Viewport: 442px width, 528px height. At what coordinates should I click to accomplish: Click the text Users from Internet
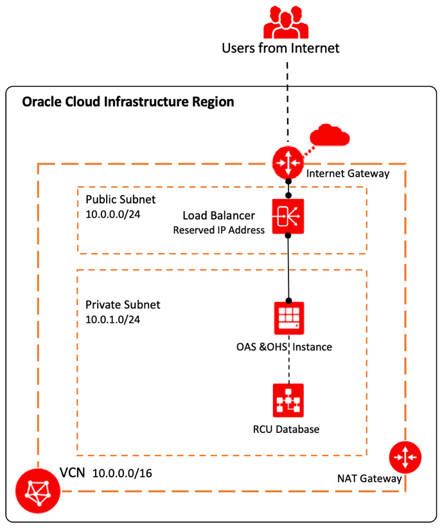coord(280,48)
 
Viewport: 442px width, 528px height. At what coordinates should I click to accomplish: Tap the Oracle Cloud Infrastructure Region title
coord(128,101)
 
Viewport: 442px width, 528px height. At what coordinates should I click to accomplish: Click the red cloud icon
coord(329,137)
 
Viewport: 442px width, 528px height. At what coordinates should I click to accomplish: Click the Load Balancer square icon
coord(288,215)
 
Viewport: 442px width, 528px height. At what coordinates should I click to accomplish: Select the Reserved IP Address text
coord(219,229)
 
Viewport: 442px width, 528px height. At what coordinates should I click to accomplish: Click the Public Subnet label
coord(120,199)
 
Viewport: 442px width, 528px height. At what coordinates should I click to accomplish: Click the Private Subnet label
coord(123,304)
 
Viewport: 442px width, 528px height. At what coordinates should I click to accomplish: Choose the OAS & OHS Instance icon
coord(288,318)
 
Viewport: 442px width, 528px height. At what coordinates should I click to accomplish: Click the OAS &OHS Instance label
coord(284,347)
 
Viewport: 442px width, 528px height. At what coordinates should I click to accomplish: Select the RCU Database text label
coord(287,428)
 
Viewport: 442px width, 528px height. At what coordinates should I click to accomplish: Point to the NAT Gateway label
coord(369,479)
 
